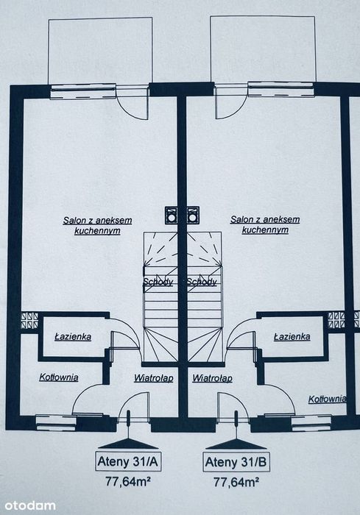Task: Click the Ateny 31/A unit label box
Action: point(128,461)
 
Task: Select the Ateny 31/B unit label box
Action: point(236,462)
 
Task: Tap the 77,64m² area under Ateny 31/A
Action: point(128,481)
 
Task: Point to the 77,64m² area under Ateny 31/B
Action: point(236,482)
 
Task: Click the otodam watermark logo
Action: point(28,505)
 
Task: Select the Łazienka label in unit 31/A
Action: point(73,337)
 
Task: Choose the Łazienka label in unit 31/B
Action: point(292,337)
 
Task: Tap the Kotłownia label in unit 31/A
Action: point(59,377)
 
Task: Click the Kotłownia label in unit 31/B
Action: point(327,399)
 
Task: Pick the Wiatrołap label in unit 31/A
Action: point(154,378)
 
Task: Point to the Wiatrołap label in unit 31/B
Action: point(212,378)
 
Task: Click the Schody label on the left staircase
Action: point(158,282)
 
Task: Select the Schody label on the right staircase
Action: point(202,282)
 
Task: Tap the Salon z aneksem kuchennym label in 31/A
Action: point(98,225)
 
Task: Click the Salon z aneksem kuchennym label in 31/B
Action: point(265,224)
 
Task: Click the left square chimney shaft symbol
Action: point(172,215)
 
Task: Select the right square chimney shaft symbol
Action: point(193,215)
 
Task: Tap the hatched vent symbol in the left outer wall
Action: point(30,320)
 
